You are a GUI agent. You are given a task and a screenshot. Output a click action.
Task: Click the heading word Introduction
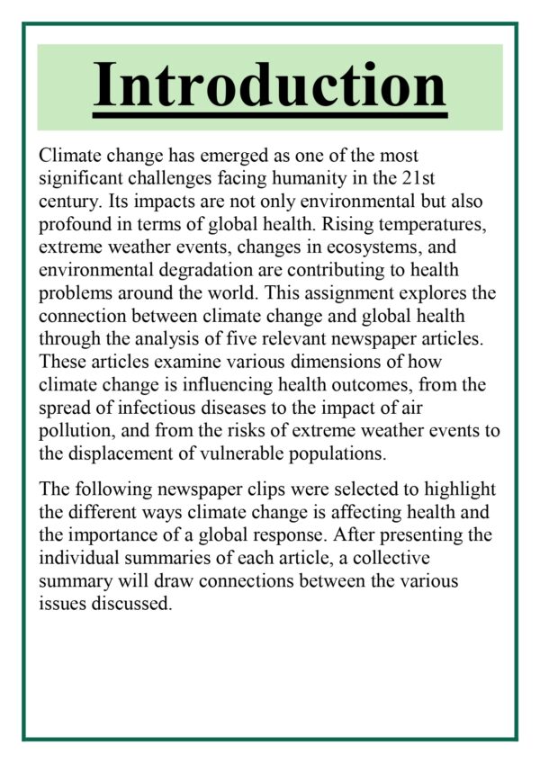point(270,85)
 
